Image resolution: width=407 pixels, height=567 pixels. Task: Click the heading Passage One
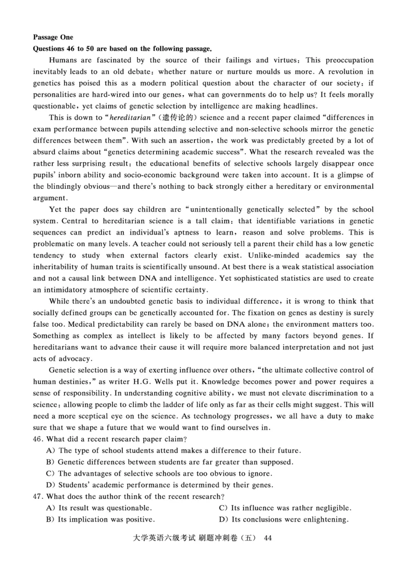tap(53, 37)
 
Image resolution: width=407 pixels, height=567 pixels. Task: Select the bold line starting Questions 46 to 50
tap(122, 49)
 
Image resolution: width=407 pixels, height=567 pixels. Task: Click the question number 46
tap(39, 439)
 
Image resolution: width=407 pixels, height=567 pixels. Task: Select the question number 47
tap(39, 496)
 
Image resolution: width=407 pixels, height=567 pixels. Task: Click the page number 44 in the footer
tap(269, 538)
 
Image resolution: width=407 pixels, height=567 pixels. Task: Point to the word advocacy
tap(67, 358)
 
